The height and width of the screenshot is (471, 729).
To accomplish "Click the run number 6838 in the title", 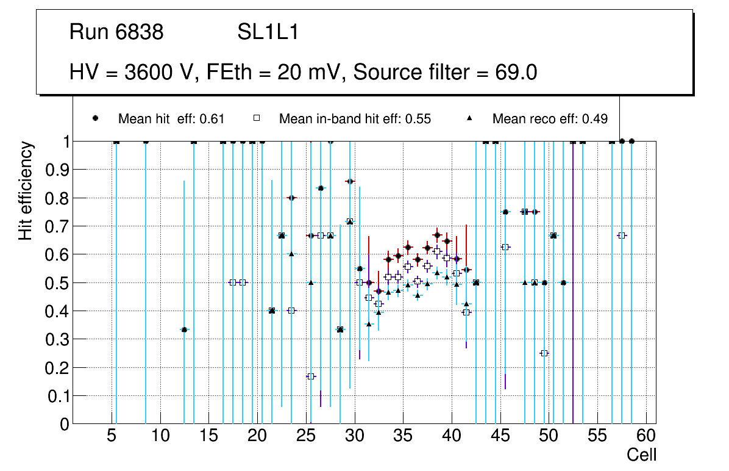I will click(141, 32).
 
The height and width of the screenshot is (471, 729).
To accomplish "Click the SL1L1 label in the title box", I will click(268, 32).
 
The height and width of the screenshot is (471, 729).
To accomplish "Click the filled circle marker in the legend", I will click(96, 118).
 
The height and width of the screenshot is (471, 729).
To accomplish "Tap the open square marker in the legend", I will click(257, 118).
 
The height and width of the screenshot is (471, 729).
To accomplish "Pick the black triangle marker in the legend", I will click(470, 118).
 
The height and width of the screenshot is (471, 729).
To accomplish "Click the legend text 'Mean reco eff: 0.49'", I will click(550, 119).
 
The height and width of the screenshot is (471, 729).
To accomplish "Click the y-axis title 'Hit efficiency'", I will click(26, 191).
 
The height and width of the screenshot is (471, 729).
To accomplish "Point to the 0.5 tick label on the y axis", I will click(57, 283).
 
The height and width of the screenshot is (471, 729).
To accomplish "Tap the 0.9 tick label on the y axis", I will click(57, 170).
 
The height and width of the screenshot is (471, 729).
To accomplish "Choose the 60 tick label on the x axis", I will click(646, 437).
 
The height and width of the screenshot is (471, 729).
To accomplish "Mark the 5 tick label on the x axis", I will click(112, 437).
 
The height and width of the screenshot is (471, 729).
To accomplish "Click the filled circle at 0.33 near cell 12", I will click(184, 329).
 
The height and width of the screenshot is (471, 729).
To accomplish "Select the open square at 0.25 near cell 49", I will click(544, 353).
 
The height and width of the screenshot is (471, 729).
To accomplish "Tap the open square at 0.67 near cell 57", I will click(622, 235).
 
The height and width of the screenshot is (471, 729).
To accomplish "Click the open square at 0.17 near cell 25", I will click(311, 376).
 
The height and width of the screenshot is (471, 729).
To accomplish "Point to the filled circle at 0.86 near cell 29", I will click(350, 181).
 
